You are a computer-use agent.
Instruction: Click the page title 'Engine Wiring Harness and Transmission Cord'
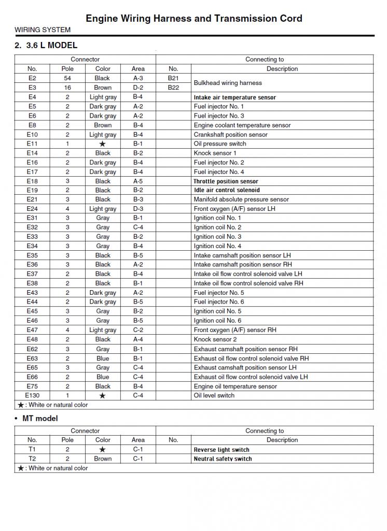[x=193, y=19]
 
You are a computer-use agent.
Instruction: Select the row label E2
[x=32, y=78]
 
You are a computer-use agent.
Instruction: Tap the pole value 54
[x=67, y=78]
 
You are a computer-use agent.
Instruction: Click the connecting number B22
[x=173, y=88]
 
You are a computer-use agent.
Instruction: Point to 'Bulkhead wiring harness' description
[x=228, y=83]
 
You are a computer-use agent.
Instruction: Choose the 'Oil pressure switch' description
[x=220, y=144]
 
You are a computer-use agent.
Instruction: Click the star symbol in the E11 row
[x=103, y=144]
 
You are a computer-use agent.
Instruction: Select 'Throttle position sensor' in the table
[x=226, y=181]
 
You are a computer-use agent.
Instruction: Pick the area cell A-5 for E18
[x=138, y=181]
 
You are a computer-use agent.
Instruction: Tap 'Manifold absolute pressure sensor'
[x=241, y=199]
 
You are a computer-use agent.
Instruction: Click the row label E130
[x=32, y=395]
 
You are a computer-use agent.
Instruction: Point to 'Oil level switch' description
[x=214, y=395]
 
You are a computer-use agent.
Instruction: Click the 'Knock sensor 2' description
[x=215, y=339]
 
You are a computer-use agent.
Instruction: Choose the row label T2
[x=32, y=458]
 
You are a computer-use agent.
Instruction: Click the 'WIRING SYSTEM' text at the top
[x=43, y=30]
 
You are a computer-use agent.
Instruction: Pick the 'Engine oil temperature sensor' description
[x=236, y=386]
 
